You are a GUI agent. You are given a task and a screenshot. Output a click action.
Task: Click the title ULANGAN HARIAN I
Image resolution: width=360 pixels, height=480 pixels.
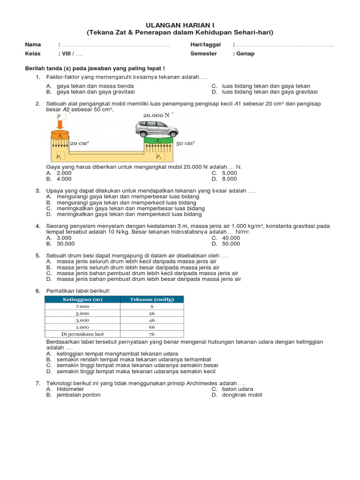point(180,24)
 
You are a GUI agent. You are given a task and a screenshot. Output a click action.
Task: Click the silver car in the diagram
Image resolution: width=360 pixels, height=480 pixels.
point(157,128)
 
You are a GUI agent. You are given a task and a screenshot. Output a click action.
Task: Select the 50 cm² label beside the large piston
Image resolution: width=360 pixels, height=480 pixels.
point(185,143)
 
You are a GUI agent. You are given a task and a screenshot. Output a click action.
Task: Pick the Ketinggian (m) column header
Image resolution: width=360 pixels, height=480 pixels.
point(82,300)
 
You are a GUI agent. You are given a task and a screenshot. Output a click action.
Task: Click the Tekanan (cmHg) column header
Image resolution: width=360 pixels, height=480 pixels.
point(152,300)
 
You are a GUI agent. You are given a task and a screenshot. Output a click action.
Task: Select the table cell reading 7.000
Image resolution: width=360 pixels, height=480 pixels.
point(82,307)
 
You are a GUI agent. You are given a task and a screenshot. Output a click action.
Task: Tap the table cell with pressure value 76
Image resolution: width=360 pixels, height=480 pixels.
point(152,334)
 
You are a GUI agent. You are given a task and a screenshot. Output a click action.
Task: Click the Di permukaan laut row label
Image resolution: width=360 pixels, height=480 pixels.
point(82,334)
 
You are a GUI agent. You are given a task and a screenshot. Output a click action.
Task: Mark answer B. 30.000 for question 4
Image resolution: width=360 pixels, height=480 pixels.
point(60,244)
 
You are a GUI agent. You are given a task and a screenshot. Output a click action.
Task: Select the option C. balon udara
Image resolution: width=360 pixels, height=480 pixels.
point(232,389)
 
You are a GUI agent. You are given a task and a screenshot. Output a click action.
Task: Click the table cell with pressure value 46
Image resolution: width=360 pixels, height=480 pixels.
point(152,321)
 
